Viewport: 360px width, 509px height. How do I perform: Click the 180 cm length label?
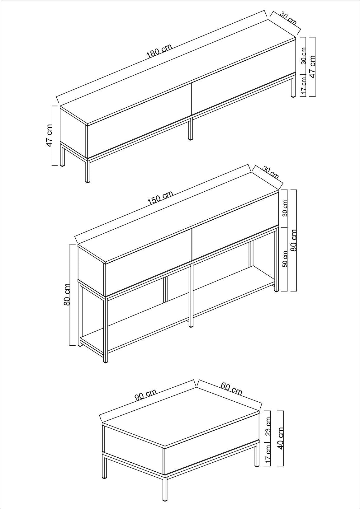tap(159, 51)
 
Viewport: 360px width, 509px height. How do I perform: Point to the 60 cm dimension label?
tap(231, 389)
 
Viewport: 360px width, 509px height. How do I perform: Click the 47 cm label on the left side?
tap(49, 136)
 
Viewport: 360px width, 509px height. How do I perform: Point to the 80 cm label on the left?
tap(67, 294)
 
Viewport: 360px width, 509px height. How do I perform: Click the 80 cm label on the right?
tap(293, 240)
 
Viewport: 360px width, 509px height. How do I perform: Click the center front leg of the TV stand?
tap(190, 129)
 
